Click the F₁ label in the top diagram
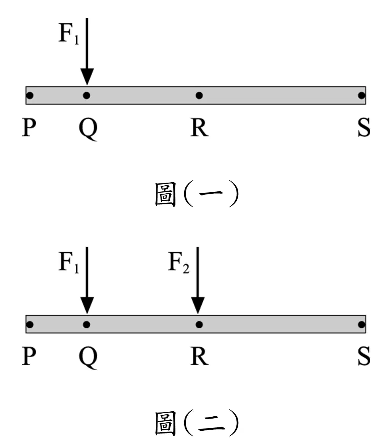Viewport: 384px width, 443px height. pos(69,33)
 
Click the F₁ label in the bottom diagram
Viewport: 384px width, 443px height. pos(69,262)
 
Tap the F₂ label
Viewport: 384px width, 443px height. pos(178,262)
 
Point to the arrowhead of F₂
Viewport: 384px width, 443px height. pos(198,305)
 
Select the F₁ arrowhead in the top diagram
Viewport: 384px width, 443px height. pos(87,77)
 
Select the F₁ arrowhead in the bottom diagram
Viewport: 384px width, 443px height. pos(87,305)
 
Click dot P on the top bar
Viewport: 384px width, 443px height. pos(30,95)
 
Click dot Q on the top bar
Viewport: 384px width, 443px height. pos(87,95)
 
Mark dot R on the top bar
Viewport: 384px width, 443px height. pos(199,95)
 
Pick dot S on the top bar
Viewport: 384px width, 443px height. pos(362,95)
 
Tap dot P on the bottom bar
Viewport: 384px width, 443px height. pos(30,324)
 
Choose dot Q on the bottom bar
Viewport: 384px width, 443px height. pos(87,324)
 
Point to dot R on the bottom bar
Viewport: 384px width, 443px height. pos(199,324)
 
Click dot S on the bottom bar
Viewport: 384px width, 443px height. pos(362,324)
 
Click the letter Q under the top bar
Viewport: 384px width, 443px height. pos(88,129)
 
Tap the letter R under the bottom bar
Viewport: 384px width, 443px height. pos(199,356)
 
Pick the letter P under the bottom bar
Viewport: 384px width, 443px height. pos(29,356)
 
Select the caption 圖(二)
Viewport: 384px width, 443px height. pos(197,423)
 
